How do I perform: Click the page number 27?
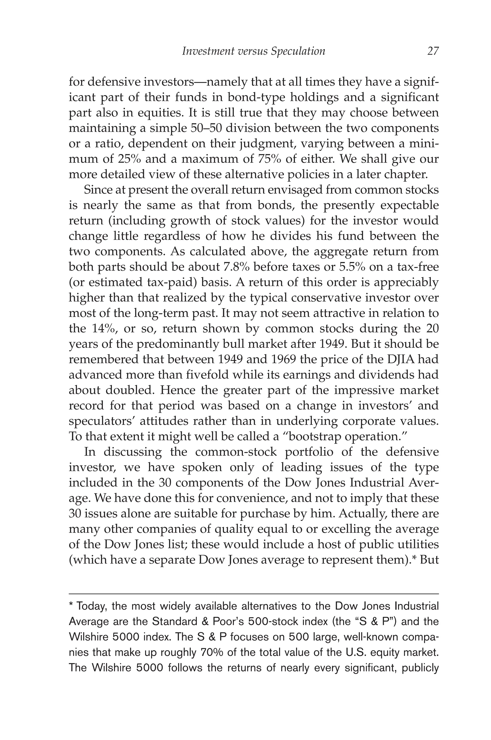pyautogui.click(x=433, y=51)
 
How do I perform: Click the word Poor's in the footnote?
pyautogui.click(x=228, y=622)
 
